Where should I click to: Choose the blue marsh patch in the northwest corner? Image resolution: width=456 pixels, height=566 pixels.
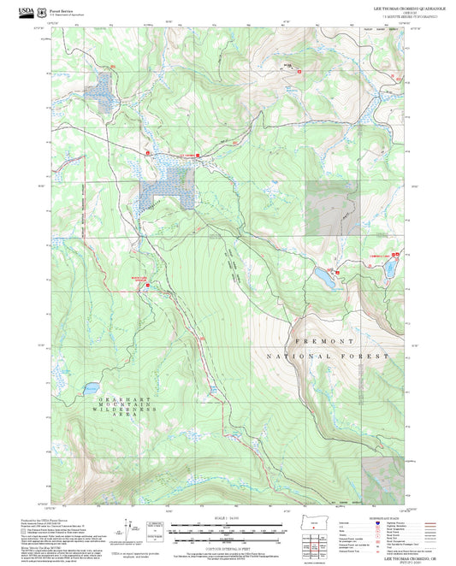click(103, 91)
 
